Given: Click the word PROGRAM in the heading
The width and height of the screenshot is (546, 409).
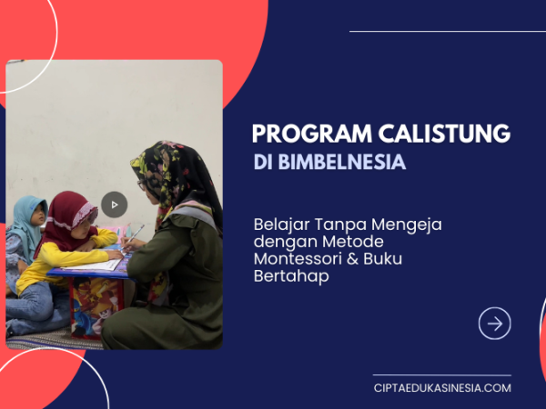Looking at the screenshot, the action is coord(312,134).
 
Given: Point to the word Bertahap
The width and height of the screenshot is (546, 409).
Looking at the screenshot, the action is coord(291,276).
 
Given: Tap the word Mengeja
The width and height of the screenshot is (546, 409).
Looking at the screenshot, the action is coord(407,225).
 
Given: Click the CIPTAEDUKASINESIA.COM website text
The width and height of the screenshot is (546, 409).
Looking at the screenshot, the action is coord(442,388).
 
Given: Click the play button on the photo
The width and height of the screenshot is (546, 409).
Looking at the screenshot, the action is coord(115,204).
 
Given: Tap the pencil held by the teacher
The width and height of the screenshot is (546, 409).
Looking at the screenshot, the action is coord(132,237).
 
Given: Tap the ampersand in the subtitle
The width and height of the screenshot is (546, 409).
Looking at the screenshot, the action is coord(352,259).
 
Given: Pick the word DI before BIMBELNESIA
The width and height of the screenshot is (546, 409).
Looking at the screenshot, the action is coord(263,162).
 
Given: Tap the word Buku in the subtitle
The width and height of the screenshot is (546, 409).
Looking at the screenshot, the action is coord(383,259).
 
